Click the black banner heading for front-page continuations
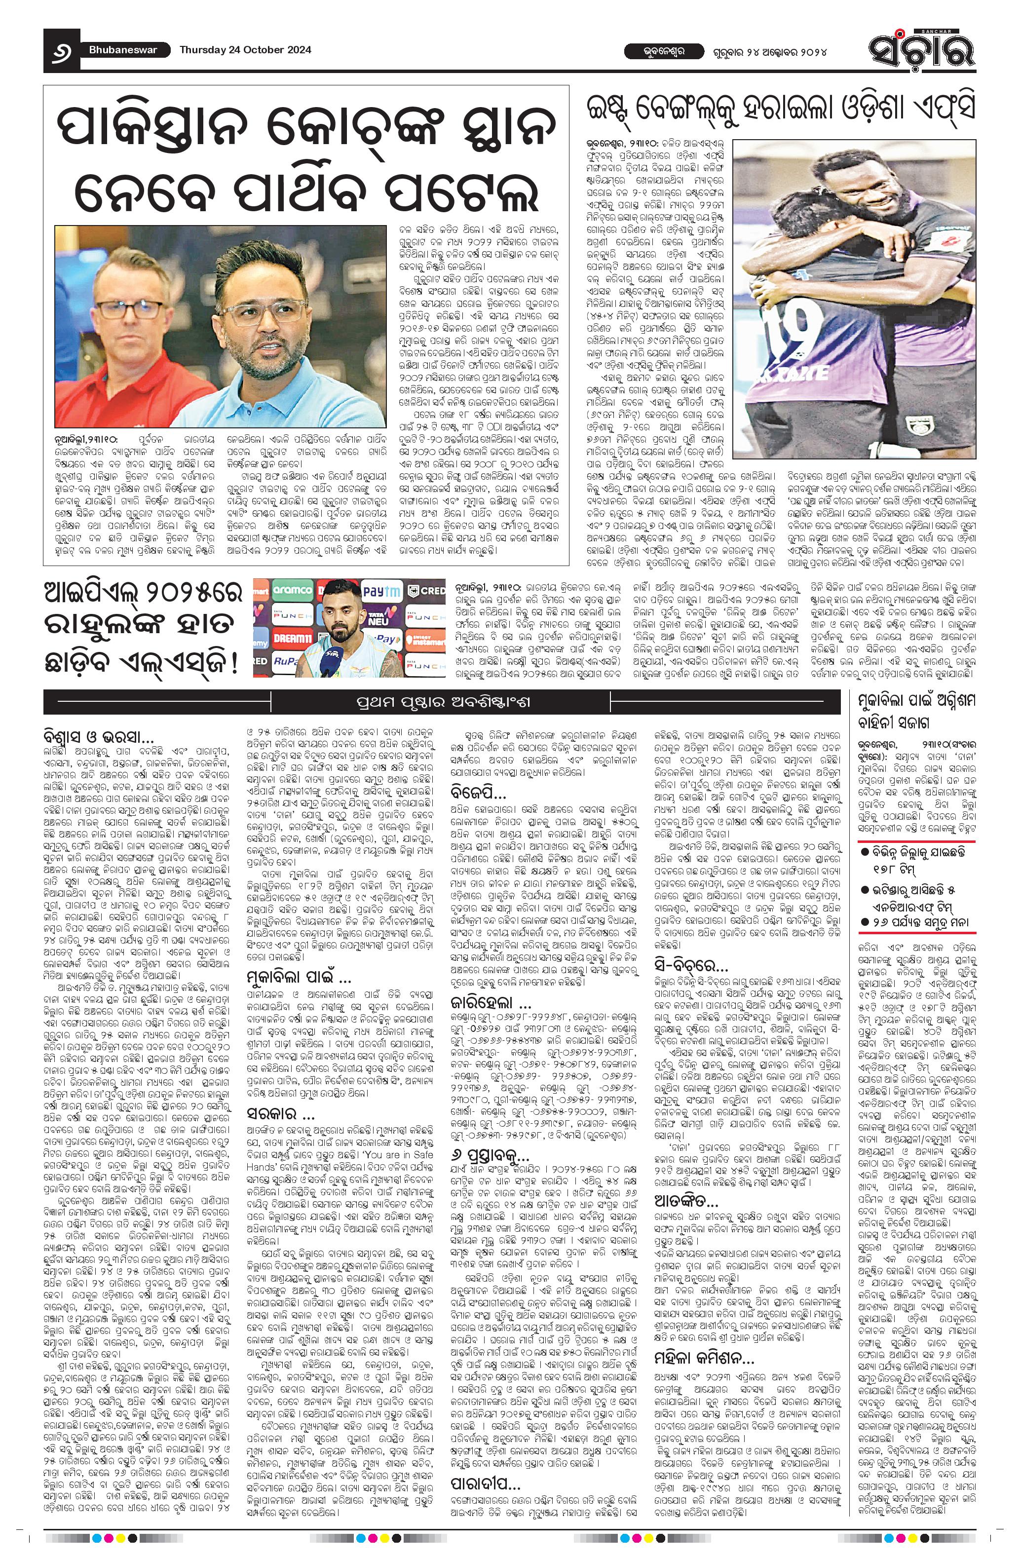coord(441,702)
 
